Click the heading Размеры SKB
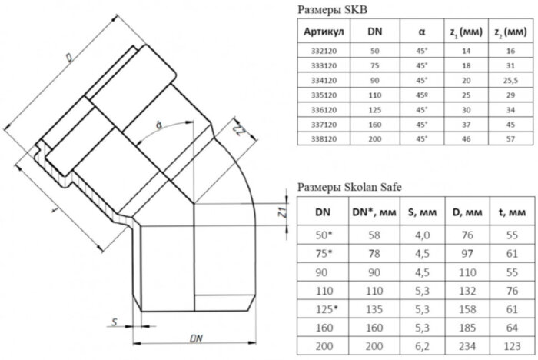click(332, 10)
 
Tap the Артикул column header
click(324, 32)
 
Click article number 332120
click(324, 51)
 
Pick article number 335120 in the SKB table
click(324, 94)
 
